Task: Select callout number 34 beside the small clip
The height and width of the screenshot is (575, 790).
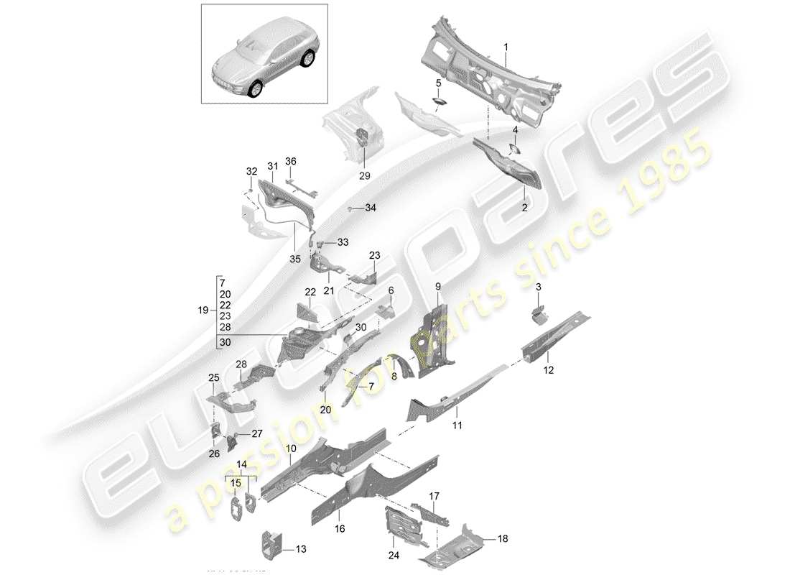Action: point(370,208)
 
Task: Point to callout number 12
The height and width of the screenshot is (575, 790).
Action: point(549,371)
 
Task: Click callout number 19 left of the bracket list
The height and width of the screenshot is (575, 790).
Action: point(203,310)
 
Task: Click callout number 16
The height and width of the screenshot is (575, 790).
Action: point(340,528)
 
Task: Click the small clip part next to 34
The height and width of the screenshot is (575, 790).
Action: point(350,208)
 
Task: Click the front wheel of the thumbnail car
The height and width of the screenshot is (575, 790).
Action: point(256,89)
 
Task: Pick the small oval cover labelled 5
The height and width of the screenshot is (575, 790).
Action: point(437,102)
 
